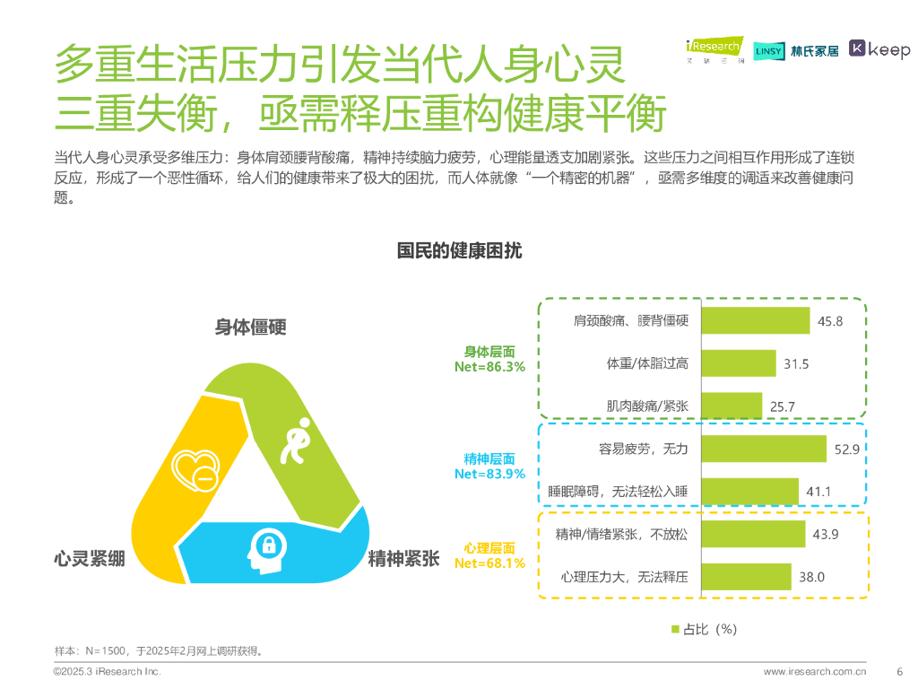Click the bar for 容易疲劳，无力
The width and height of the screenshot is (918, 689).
tap(763, 449)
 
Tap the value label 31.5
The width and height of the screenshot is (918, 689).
tap(796, 363)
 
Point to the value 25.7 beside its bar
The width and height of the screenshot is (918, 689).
tap(782, 406)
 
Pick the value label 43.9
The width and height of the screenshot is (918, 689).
tap(824, 535)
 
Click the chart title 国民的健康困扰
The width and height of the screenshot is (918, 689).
tap(459, 251)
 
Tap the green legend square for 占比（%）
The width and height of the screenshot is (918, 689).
tap(676, 629)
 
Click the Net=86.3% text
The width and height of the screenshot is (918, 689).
tap(489, 367)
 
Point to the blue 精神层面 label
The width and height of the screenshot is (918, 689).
tap(489, 459)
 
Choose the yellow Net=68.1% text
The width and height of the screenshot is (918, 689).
tap(489, 563)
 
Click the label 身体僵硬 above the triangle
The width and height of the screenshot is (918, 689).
tap(250, 327)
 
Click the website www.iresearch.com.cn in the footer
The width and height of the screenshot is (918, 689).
tap(815, 671)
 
